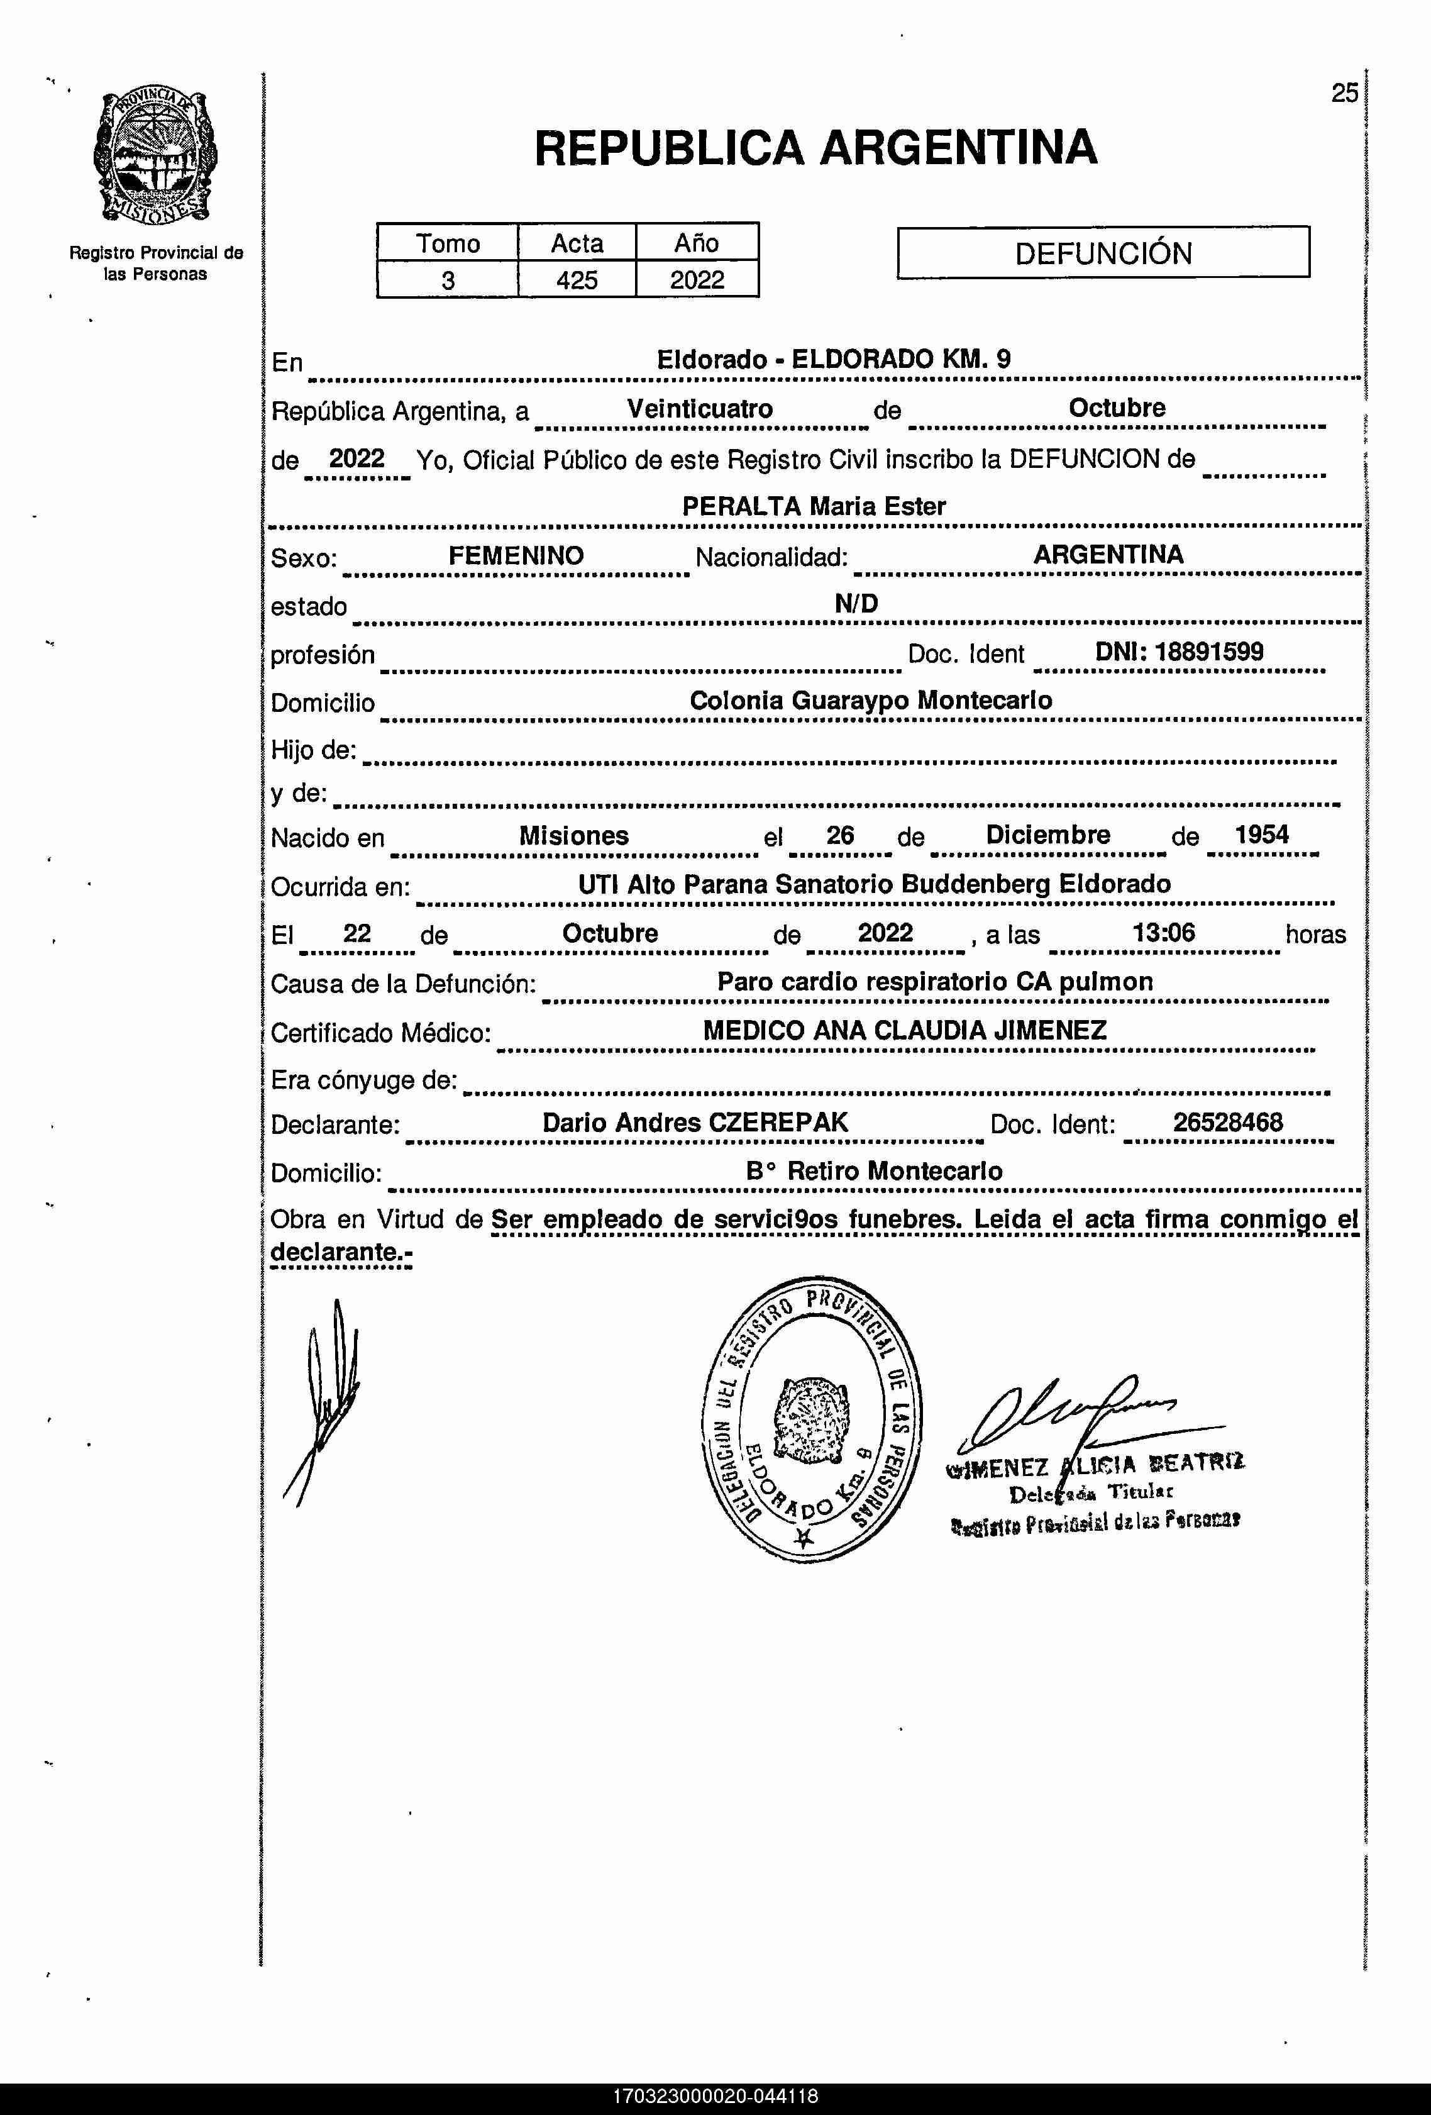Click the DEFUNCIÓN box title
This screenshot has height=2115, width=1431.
[x=1103, y=253]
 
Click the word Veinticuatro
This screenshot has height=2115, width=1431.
[x=700, y=409]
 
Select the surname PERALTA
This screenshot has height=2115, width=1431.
[x=741, y=507]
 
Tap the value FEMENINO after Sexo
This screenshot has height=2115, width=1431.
[x=516, y=556]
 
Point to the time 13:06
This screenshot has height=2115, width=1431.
[x=1164, y=932]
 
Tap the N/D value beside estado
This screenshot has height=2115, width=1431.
[x=856, y=603]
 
